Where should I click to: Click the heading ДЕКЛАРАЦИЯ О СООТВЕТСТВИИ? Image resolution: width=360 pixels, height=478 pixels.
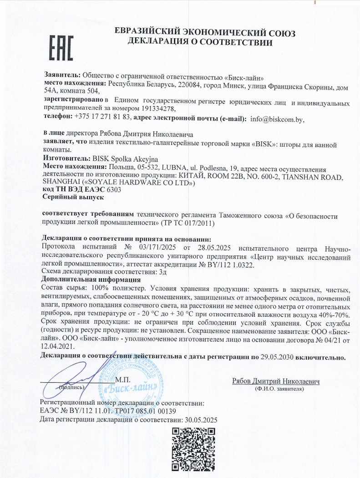(x=200, y=43)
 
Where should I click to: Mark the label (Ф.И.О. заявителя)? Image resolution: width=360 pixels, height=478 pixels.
(x=276, y=389)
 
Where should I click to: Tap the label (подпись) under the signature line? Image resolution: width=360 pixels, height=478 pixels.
(x=72, y=387)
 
